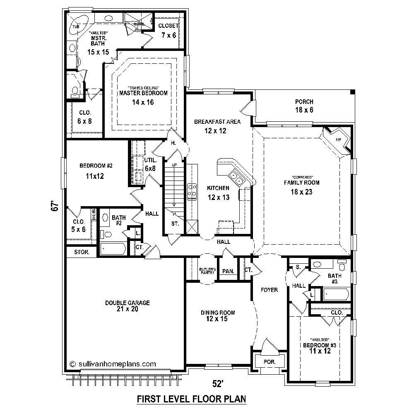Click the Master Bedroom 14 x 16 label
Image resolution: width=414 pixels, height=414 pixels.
coord(143,97)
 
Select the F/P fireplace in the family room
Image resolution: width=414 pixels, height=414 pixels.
coord(337,140)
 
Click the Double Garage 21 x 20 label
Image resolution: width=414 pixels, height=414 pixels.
coord(127,306)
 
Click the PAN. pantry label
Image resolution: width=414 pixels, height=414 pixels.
coord(228,271)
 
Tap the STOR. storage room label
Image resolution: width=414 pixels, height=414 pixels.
coord(81,252)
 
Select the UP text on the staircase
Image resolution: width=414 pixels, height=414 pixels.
coord(174,165)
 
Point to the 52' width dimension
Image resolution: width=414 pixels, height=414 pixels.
coord(218,384)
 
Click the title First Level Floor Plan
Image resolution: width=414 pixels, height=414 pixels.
coord(192,399)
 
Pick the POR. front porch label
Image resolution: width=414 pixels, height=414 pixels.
coord(269,361)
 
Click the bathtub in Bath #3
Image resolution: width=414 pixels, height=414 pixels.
coord(335,294)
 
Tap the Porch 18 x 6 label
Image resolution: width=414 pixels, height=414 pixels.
coord(304,106)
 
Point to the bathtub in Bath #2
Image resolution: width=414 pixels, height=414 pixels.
coord(113,249)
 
